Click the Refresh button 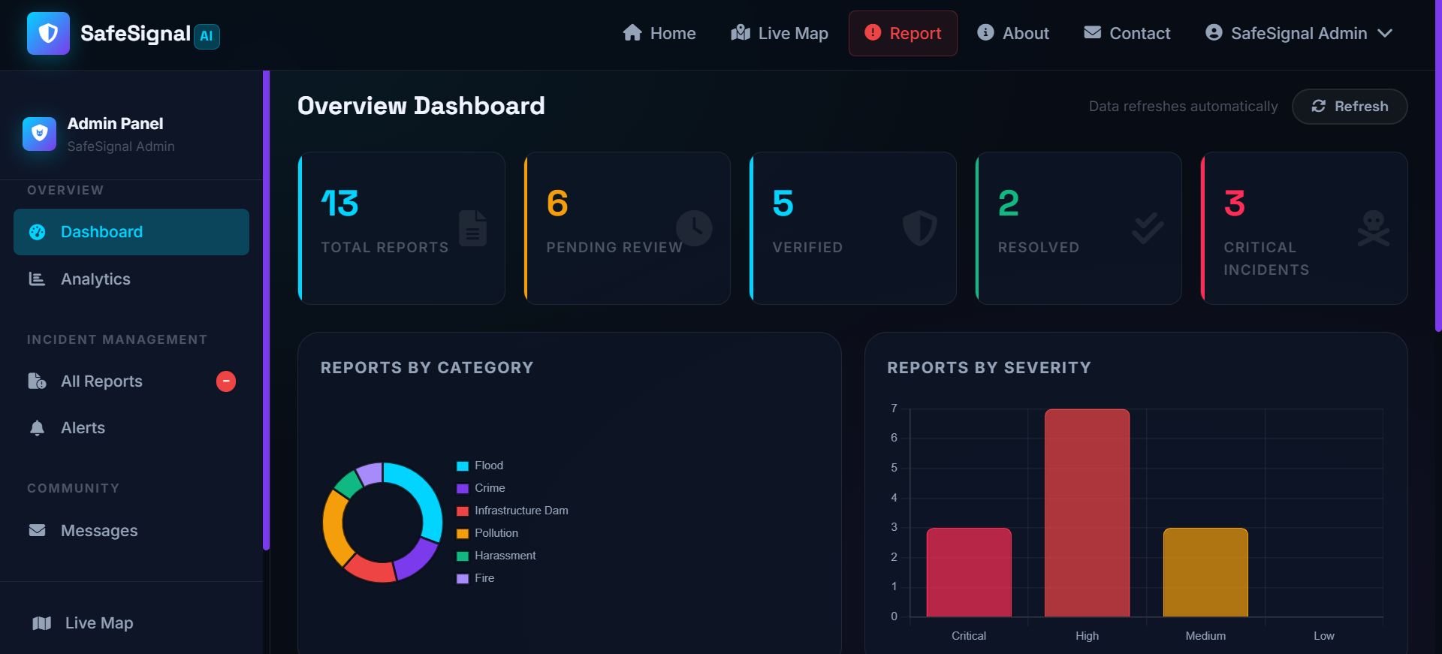pos(1350,107)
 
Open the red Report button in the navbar pos(903,33)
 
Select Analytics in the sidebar pos(95,279)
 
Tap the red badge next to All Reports pos(226,381)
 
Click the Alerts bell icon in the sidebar pos(37,428)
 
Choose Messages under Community pos(98,531)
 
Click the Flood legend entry pos(488,466)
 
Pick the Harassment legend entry pos(505,556)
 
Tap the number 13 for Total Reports pos(339,203)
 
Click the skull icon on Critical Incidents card pos(1374,228)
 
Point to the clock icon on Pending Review pos(694,228)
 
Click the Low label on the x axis pos(1323,636)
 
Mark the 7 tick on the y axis pos(894,408)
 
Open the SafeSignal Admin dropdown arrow pos(1386,33)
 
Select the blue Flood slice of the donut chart pos(421,496)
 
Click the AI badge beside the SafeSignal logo pos(207,36)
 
